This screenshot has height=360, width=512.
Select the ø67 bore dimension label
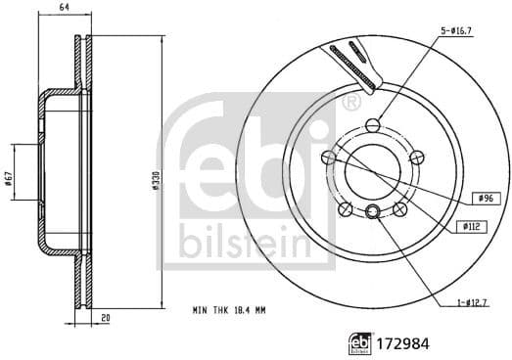[9, 178]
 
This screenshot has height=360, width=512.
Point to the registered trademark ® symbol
[350, 102]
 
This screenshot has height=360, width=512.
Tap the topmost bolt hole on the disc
[372, 124]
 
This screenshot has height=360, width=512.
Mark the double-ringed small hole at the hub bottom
[372, 213]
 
